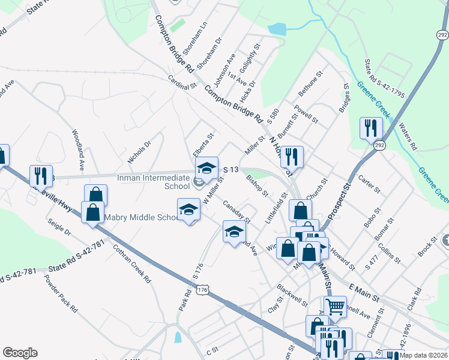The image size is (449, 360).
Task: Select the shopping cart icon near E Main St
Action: click(x=335, y=307)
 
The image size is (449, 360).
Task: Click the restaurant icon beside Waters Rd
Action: click(x=370, y=127)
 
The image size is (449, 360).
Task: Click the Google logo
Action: click(x=20, y=353)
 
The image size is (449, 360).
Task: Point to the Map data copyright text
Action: click(x=423, y=355)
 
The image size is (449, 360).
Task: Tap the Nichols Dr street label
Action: click(x=139, y=153)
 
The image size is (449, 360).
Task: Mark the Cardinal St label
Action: click(x=182, y=82)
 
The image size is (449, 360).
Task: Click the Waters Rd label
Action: click(x=408, y=137)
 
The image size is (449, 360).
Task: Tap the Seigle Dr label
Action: click(x=59, y=227)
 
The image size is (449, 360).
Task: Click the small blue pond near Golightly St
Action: click(x=277, y=29)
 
